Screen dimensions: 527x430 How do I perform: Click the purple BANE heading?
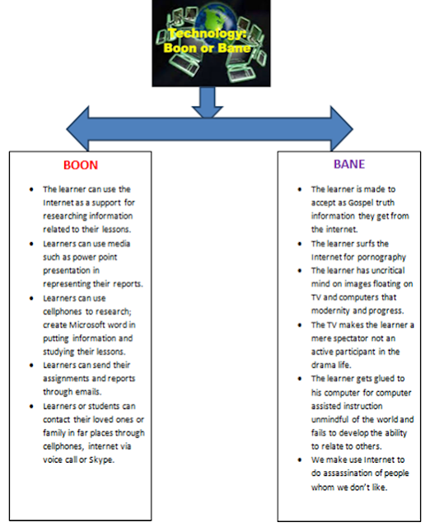(349, 164)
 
